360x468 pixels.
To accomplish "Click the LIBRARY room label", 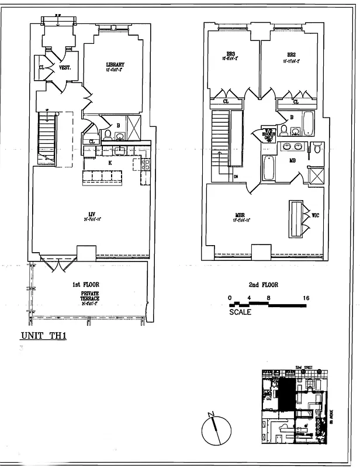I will [x=115, y=64].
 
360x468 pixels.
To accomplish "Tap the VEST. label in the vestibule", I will [x=65, y=68].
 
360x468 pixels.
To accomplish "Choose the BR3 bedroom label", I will [x=229, y=54].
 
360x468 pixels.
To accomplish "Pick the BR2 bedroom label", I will [x=292, y=54].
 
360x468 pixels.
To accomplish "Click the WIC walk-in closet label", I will [x=316, y=216].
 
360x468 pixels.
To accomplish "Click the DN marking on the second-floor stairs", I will [x=236, y=177].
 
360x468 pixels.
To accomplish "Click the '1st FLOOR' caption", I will [x=84, y=284].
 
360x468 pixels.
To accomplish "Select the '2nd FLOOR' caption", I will [x=263, y=285].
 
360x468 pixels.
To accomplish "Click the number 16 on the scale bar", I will [x=306, y=298].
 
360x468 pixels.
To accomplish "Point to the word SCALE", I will [x=240, y=312].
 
